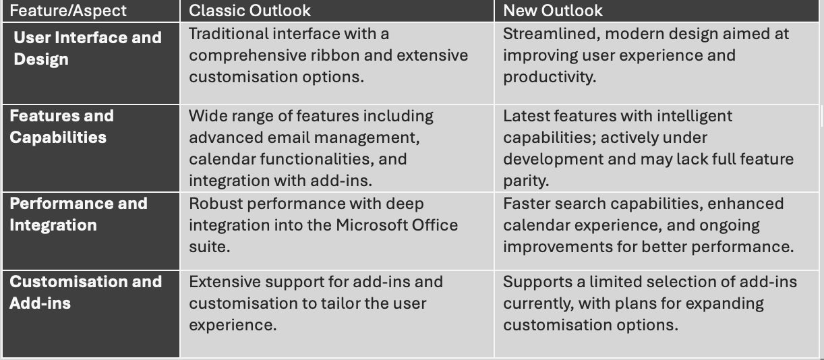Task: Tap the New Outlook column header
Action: (x=553, y=11)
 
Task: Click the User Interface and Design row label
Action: (x=88, y=48)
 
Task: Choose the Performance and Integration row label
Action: (x=78, y=214)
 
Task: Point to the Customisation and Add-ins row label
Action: (x=86, y=292)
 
